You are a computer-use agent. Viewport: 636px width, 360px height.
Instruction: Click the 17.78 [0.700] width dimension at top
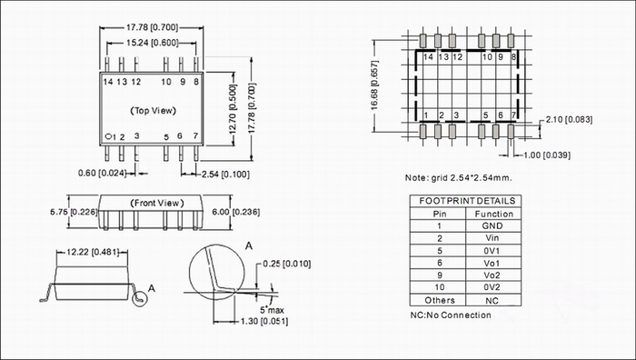point(152,27)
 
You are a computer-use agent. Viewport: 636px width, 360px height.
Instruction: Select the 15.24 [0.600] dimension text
point(152,43)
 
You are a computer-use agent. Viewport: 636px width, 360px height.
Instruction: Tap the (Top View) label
point(154,110)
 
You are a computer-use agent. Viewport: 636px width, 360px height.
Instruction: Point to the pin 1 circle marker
point(108,136)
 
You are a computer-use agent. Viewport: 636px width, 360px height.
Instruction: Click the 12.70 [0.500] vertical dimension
point(233,109)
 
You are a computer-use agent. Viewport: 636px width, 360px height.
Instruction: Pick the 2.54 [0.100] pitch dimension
point(225,175)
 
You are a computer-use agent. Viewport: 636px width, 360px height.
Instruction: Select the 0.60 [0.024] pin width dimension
point(102,173)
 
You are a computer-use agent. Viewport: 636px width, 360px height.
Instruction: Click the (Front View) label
point(156,203)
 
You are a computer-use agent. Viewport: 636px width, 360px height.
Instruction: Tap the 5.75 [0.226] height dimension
point(74,212)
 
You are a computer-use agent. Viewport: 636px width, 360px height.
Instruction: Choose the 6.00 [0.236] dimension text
point(235,212)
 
